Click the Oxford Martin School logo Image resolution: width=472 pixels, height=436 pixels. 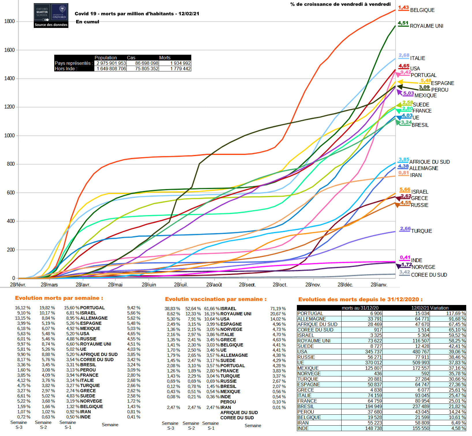point(51,16)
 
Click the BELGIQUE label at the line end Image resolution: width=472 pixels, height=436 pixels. point(422,10)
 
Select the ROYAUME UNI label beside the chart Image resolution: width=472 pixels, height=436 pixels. point(426,26)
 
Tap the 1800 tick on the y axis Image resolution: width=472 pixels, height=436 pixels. point(10,21)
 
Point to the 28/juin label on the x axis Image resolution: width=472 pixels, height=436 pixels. point(149,285)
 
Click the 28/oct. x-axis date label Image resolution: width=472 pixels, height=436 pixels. point(280,285)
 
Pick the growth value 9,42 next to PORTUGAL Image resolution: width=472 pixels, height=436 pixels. point(405,72)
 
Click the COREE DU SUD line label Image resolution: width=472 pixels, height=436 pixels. point(429,275)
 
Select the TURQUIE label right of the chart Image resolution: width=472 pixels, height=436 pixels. point(421,231)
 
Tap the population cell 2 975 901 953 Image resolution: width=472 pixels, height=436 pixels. point(111,63)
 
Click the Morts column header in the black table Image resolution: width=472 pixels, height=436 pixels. point(165,58)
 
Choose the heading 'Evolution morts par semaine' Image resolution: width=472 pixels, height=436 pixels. point(59,298)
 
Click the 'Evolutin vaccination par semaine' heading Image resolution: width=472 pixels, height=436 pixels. point(216,299)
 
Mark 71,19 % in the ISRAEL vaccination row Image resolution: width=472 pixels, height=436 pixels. point(278,309)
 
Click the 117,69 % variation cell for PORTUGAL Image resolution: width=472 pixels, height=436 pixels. point(456,313)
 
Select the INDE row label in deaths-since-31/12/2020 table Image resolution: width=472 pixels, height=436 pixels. point(303,428)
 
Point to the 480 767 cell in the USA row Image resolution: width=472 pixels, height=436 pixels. point(421,352)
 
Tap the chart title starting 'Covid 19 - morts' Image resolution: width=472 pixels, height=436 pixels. point(137,14)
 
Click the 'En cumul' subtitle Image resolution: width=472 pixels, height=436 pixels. point(87,22)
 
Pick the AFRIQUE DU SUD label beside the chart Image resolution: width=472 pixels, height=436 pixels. point(429,162)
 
